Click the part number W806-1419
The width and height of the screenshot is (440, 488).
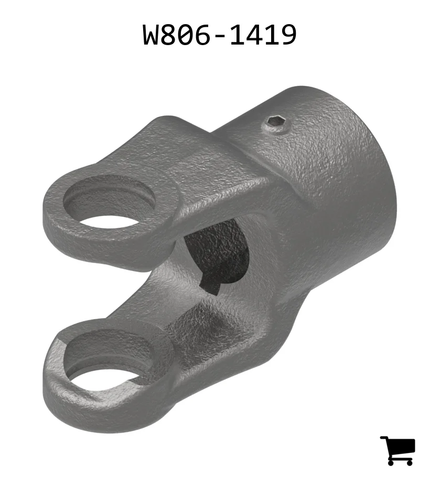[220, 35]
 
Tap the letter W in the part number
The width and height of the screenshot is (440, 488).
[152, 35]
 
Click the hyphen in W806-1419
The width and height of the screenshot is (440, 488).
[220, 36]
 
